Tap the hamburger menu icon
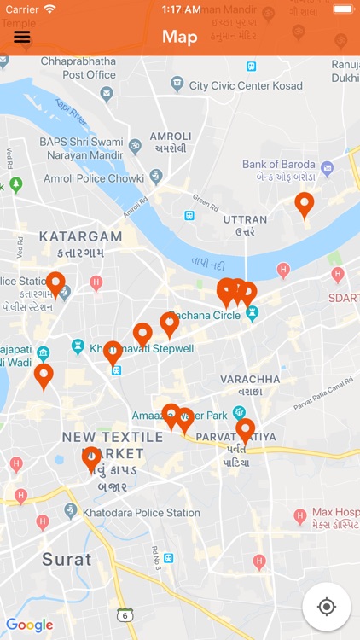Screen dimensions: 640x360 [x=22, y=37]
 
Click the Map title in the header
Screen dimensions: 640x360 [x=180, y=37]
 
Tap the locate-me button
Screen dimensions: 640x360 [x=326, y=607]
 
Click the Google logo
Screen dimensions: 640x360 [x=29, y=625]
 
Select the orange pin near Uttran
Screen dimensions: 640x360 [x=305, y=205]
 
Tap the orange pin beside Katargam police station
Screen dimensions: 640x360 [x=55, y=283]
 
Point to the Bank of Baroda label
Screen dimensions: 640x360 [x=279, y=164]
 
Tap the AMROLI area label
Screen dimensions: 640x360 [x=171, y=137]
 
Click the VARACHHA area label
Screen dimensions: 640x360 [x=250, y=379]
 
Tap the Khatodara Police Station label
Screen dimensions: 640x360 [x=141, y=513]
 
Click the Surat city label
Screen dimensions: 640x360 [x=67, y=560]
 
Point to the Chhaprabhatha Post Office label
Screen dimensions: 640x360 [x=77, y=68]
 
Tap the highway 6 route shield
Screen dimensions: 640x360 [x=125, y=614]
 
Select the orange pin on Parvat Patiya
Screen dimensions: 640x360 [x=246, y=430]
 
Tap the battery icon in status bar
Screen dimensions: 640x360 [x=341, y=9]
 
